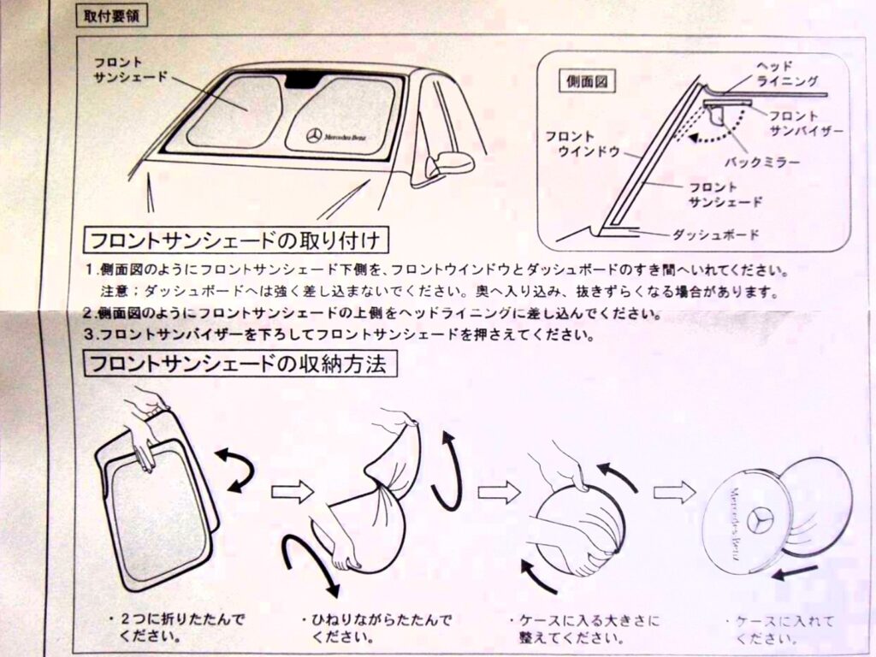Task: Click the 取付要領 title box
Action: (112, 15)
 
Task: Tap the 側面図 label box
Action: (587, 81)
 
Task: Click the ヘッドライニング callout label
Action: (785, 74)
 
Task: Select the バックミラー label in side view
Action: (762, 163)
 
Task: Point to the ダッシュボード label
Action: (716, 234)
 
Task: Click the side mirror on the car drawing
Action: (449, 163)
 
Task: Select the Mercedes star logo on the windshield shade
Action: (314, 136)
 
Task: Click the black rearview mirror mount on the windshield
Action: (302, 81)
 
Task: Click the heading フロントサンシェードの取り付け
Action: (236, 240)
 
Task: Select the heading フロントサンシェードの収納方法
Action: (240, 364)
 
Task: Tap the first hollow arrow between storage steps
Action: (293, 492)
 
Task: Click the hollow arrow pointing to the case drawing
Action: (674, 492)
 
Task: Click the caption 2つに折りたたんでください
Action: (176, 627)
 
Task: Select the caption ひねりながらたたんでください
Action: (376, 627)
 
